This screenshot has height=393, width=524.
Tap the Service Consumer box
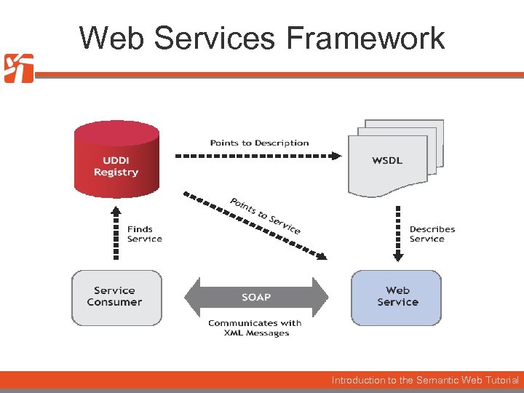coord(116,297)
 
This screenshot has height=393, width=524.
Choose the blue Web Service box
coord(397,297)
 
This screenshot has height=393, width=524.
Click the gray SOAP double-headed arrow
coord(256,297)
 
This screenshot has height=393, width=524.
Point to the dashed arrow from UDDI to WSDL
coord(255,156)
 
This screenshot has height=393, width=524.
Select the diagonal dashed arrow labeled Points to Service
coord(255,225)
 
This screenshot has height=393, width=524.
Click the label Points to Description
coord(259,143)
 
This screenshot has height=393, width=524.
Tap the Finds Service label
coord(144,234)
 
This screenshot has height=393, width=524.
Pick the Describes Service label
coord(432,234)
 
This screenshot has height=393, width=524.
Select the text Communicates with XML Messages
coord(255,328)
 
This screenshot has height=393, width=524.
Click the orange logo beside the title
coord(19,68)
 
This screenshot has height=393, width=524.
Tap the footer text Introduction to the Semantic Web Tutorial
coord(425,380)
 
